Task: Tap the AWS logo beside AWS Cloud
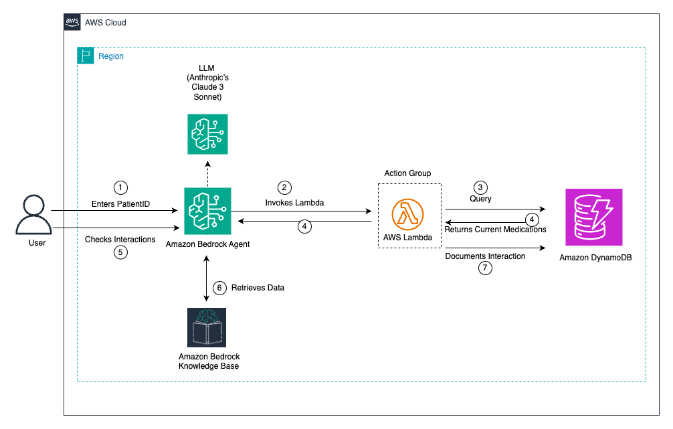tap(73, 22)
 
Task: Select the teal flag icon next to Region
tap(86, 56)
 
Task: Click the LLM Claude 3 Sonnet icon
tap(207, 134)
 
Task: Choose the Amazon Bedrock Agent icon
tap(207, 210)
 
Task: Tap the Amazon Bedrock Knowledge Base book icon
tap(207, 327)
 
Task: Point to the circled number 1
tap(120, 187)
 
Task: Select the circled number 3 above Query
tap(480, 187)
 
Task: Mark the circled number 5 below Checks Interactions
tap(120, 253)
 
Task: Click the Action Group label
tap(407, 173)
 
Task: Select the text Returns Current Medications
tap(495, 230)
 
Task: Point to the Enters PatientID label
tap(120, 203)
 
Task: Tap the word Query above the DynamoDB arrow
tap(480, 199)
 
